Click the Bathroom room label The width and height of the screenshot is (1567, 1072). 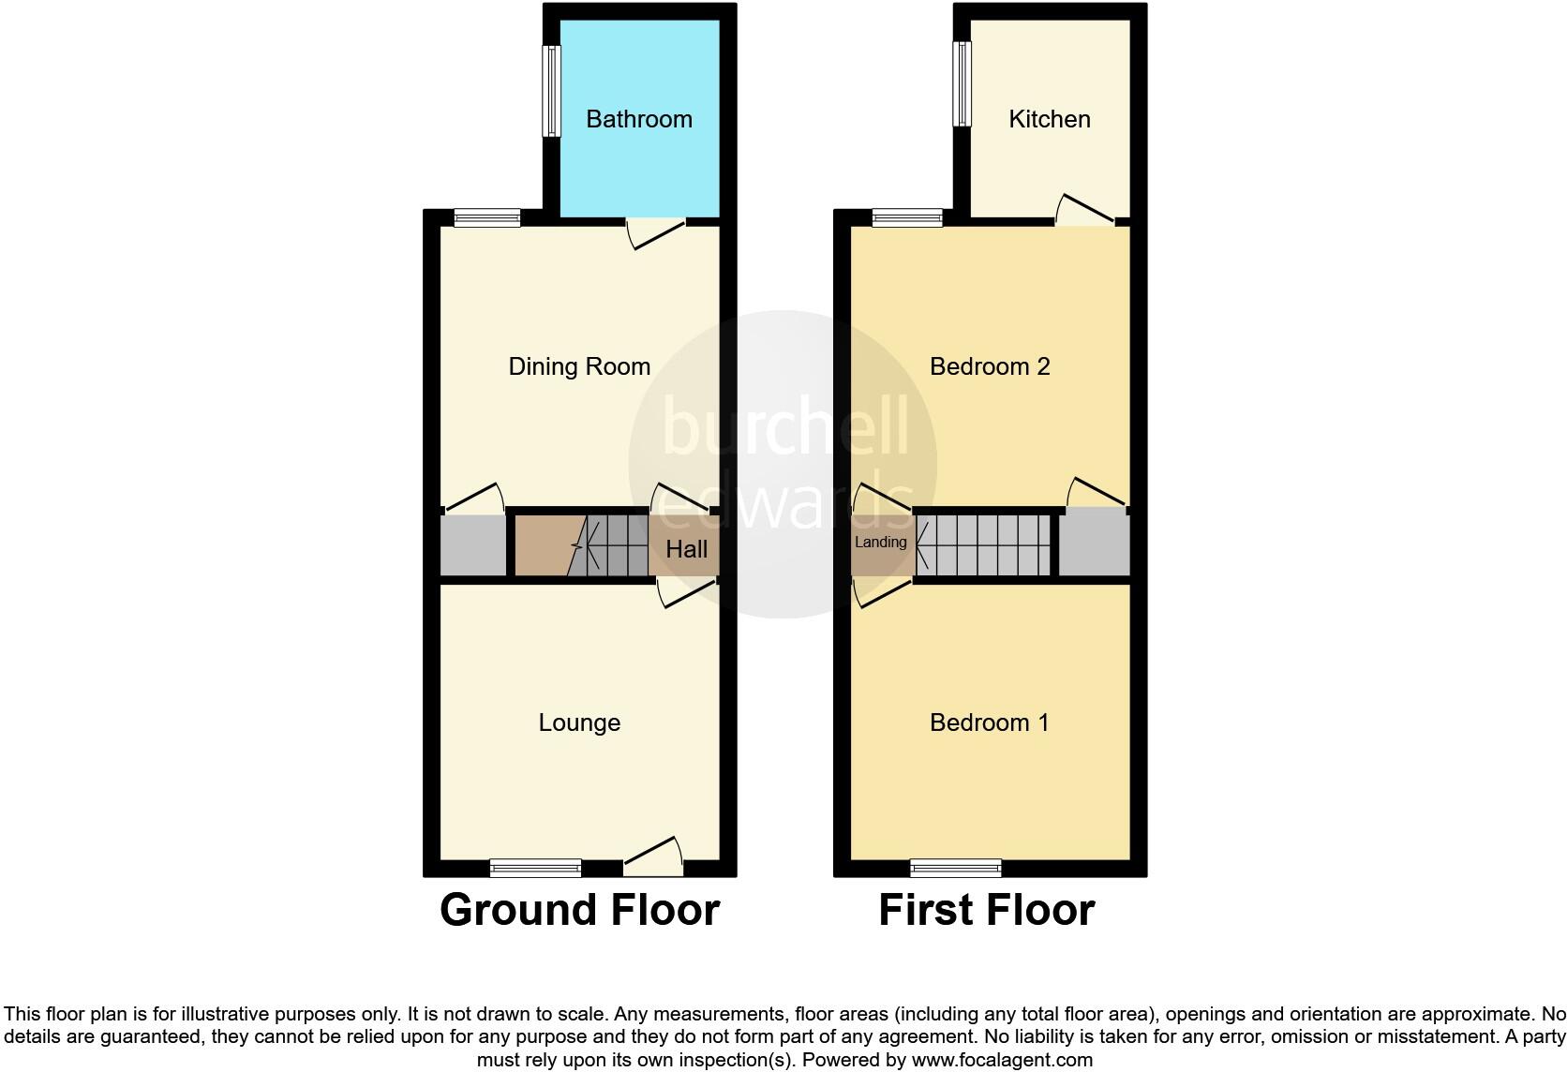tap(639, 119)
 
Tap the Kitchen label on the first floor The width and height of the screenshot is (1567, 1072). tap(1049, 119)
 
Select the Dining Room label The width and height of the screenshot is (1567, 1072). tap(579, 366)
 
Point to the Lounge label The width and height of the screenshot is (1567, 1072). tap(579, 722)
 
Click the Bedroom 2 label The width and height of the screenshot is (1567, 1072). tap(990, 366)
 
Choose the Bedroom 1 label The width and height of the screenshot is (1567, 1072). tap(989, 722)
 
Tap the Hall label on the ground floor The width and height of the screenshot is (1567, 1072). tap(686, 549)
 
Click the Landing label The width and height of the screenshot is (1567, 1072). tap(880, 542)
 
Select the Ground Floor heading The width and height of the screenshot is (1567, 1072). tap(579, 910)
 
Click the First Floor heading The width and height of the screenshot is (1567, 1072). tap(986, 910)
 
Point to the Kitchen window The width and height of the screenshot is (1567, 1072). tap(962, 83)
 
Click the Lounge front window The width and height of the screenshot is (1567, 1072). tap(535, 868)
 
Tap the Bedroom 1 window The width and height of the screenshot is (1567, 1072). tap(956, 868)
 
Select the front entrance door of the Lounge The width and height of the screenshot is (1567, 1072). tap(653, 855)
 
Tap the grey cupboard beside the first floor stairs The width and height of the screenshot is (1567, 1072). tap(1094, 544)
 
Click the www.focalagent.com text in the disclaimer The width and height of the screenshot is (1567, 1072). tap(1001, 1061)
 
